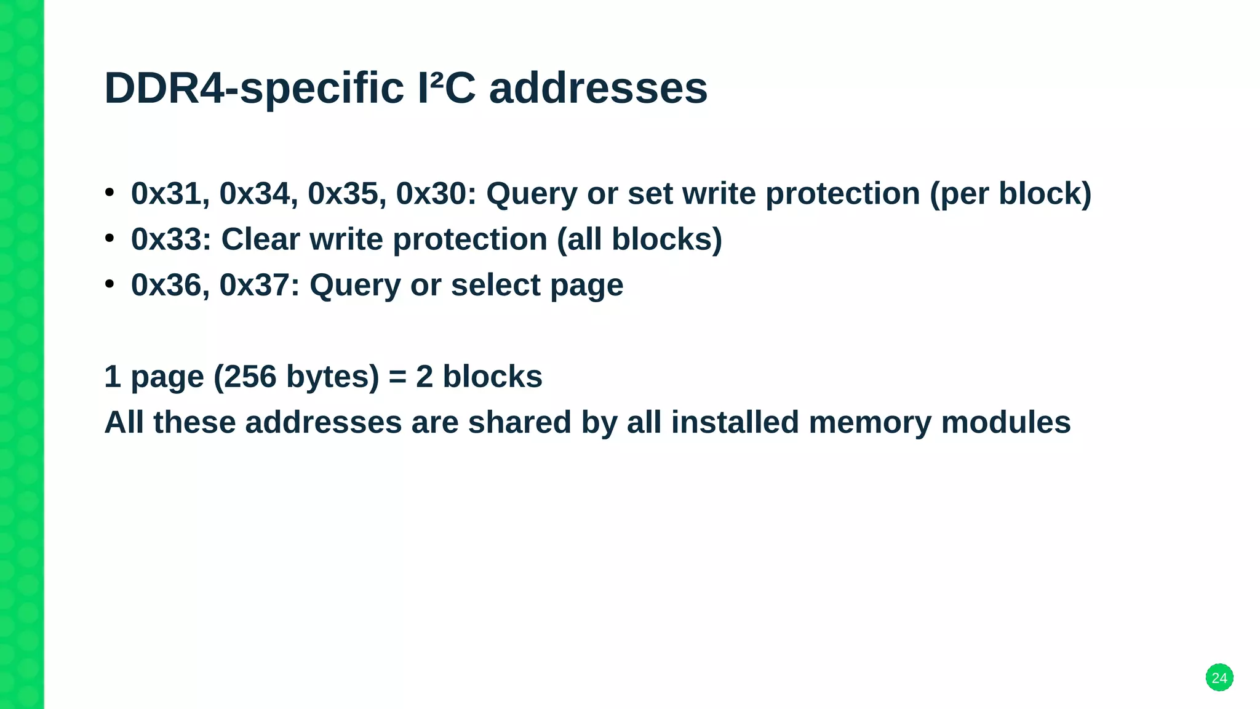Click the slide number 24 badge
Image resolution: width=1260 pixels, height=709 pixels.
click(1219, 678)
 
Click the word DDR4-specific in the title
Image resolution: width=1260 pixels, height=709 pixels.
click(254, 88)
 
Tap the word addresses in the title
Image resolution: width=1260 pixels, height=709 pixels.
click(598, 88)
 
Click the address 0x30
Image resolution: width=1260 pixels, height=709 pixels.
click(431, 194)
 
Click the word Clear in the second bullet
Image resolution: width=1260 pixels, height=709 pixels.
click(260, 239)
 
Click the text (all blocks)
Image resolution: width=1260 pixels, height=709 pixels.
click(639, 239)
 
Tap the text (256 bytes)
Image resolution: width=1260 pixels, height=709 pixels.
click(297, 377)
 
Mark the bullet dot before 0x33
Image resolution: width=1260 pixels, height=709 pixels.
click(110, 238)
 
